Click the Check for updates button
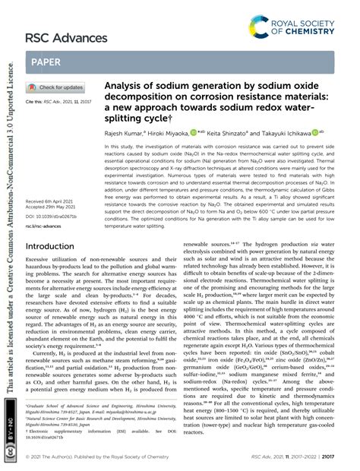[x=57, y=87]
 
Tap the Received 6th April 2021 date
[x=53, y=180]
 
